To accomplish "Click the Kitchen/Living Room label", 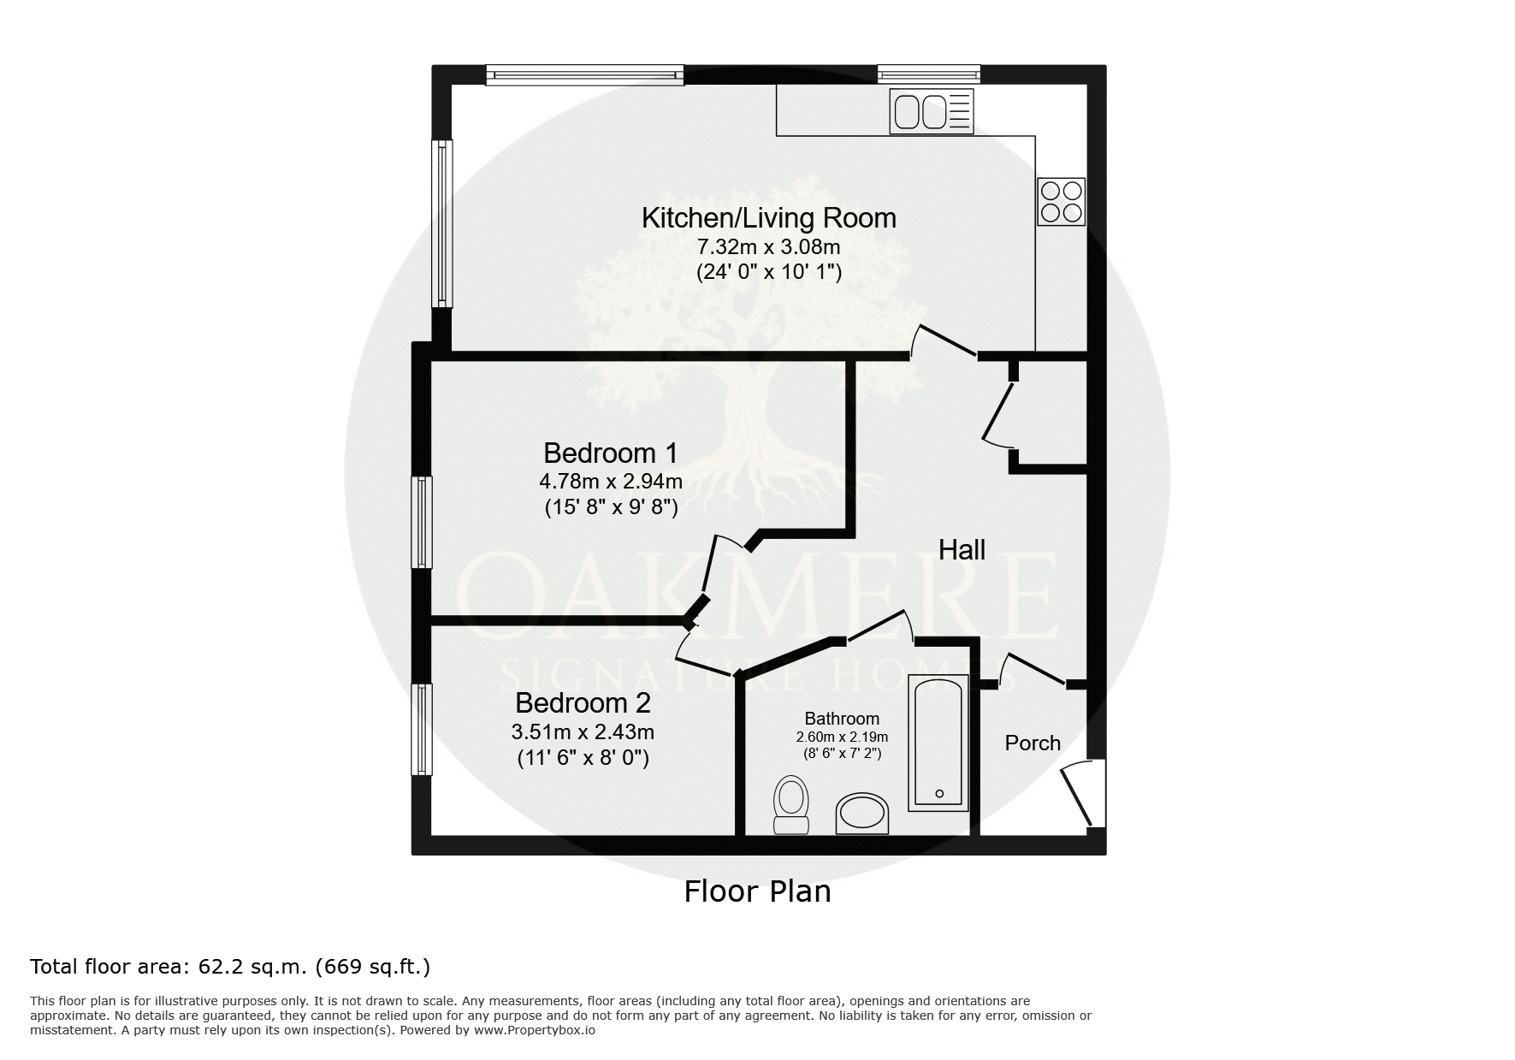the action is point(769,218).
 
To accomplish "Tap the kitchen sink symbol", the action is point(932,111).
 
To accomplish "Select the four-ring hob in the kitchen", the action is point(1062,201).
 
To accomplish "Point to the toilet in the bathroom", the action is point(791,804).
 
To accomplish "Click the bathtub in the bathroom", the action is point(938,742).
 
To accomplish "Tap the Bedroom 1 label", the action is point(611,452).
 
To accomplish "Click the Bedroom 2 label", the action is point(583,703).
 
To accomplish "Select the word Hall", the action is point(962,549).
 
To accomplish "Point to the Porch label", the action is point(1033,743).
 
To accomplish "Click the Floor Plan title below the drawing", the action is point(757,891).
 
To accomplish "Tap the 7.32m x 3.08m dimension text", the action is point(769,247).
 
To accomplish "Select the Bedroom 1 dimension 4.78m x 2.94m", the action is point(611,482).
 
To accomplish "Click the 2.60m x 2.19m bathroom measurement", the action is point(842,737).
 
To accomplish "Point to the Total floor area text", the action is point(230,967).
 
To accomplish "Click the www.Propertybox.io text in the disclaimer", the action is point(535,1030).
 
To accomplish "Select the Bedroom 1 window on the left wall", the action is point(422,523).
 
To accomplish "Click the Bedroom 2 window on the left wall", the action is point(422,729).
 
